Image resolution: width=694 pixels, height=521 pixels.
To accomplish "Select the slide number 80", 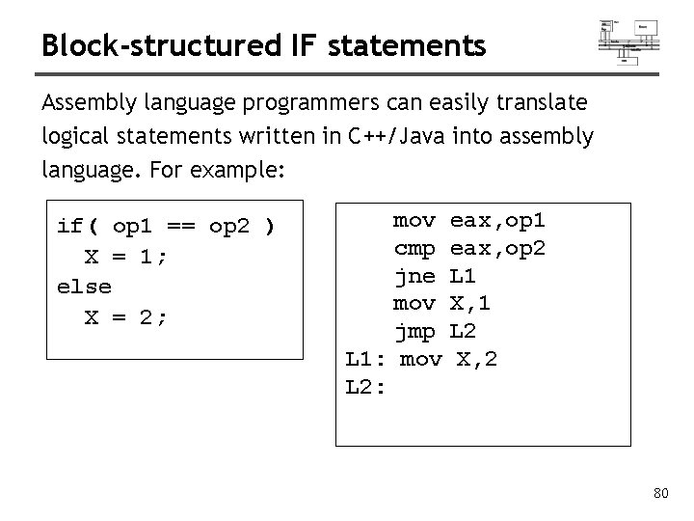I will click(x=660, y=495).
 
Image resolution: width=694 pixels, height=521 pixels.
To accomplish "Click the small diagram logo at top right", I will click(x=629, y=39).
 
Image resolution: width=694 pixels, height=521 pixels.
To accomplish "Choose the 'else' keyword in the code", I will click(x=84, y=287).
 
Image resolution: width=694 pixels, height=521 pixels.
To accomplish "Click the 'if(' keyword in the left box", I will click(x=78, y=227).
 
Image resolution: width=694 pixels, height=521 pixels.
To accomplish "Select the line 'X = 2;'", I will click(x=125, y=315).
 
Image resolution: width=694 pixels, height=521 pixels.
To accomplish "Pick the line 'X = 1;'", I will click(x=125, y=257).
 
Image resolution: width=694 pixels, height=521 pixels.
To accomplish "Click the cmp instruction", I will click(x=414, y=249).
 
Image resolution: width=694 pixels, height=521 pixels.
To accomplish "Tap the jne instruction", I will click(x=414, y=277).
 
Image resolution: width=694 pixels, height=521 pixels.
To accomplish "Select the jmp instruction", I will click(x=414, y=333).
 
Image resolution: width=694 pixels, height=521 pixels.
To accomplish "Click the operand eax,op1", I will click(x=497, y=221).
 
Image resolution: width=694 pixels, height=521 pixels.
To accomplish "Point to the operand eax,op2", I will click(x=497, y=249).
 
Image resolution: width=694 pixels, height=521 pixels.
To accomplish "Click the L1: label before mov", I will click(x=365, y=361).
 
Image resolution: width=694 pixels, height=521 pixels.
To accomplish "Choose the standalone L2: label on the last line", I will click(x=365, y=389).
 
